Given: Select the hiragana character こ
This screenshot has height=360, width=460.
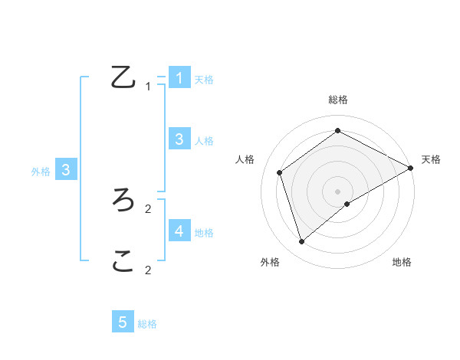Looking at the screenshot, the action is click(x=123, y=263).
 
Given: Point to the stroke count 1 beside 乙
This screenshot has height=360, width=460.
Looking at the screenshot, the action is click(x=148, y=87).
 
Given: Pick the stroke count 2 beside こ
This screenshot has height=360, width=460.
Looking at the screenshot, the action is click(x=148, y=270).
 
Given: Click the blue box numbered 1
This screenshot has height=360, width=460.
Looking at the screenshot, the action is click(x=179, y=77).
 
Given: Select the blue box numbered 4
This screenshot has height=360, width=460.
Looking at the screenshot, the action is click(x=179, y=231).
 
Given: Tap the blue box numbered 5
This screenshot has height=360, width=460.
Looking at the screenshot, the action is click(x=123, y=322).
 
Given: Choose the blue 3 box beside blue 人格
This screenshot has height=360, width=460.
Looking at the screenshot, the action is click(x=179, y=139).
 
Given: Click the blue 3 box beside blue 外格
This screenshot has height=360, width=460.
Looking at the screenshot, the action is click(x=66, y=170).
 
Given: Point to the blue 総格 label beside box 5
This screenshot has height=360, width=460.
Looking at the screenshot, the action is click(x=147, y=324).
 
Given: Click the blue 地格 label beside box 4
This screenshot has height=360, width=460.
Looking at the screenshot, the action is click(x=204, y=232).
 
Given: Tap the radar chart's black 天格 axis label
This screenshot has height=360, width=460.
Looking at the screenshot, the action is click(x=431, y=159).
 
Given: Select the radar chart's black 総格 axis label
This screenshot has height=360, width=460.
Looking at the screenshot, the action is click(x=338, y=100).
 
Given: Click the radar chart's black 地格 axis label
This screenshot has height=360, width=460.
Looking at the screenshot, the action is click(x=402, y=262).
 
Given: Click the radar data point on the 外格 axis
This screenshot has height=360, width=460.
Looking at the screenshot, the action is click(x=302, y=242).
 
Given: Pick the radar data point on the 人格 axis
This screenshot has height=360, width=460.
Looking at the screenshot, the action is click(x=280, y=172).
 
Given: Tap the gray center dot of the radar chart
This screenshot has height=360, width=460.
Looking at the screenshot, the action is click(x=338, y=191).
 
